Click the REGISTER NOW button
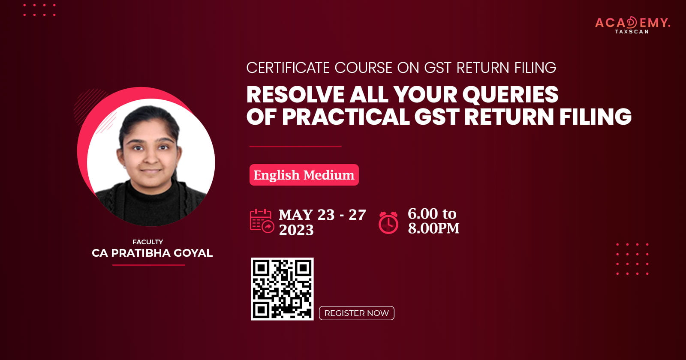pos(356,313)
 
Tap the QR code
pos(282,289)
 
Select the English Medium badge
pos(304,175)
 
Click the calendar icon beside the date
pos(262,221)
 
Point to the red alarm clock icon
pos(388,222)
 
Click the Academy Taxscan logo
pos(632,25)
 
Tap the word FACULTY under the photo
pos(147,242)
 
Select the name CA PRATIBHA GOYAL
pos(152,253)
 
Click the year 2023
pos(296,230)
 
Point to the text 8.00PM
pos(433,228)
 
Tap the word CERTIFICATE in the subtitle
pos(288,68)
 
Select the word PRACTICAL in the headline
pos(346,116)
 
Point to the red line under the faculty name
pos(149,265)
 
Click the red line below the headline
pos(295,146)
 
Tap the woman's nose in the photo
pos(150,158)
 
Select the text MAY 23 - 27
pos(322,215)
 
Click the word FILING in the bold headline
pos(596,116)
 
